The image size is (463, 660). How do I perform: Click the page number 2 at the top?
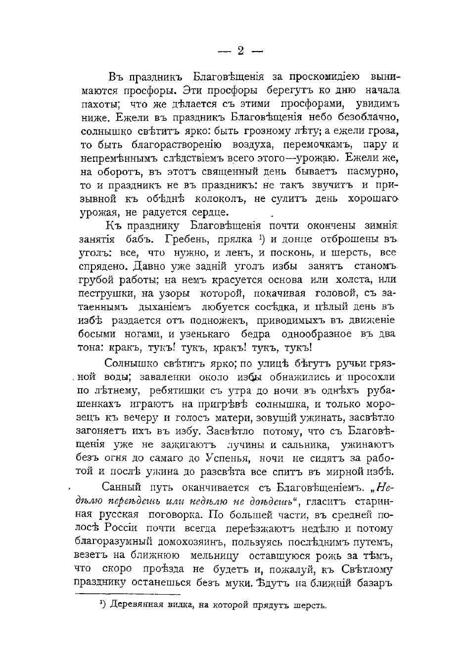(240, 51)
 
